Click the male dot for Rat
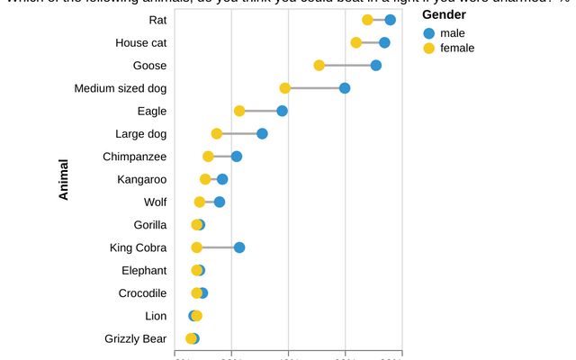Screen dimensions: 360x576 point(390,20)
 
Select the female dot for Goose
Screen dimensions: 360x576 point(319,65)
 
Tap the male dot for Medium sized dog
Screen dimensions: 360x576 point(345,88)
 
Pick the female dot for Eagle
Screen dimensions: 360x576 point(239,111)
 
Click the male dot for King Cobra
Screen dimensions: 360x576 point(239,247)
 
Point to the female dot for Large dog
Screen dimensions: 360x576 point(217,133)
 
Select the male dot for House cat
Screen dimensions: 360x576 point(384,42)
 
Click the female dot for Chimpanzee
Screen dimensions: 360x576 point(208,157)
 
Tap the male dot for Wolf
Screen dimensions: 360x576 point(220,202)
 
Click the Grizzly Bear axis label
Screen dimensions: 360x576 point(135,338)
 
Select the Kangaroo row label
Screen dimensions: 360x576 point(141,179)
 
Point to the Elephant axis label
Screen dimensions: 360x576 point(144,270)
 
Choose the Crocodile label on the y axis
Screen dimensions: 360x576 point(142,292)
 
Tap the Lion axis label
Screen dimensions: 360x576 point(156,316)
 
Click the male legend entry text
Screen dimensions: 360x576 point(453,33)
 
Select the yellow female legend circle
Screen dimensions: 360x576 point(428,48)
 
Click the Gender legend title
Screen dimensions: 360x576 point(444,15)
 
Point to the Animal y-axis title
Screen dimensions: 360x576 point(64,179)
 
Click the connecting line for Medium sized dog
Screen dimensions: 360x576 point(315,88)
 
